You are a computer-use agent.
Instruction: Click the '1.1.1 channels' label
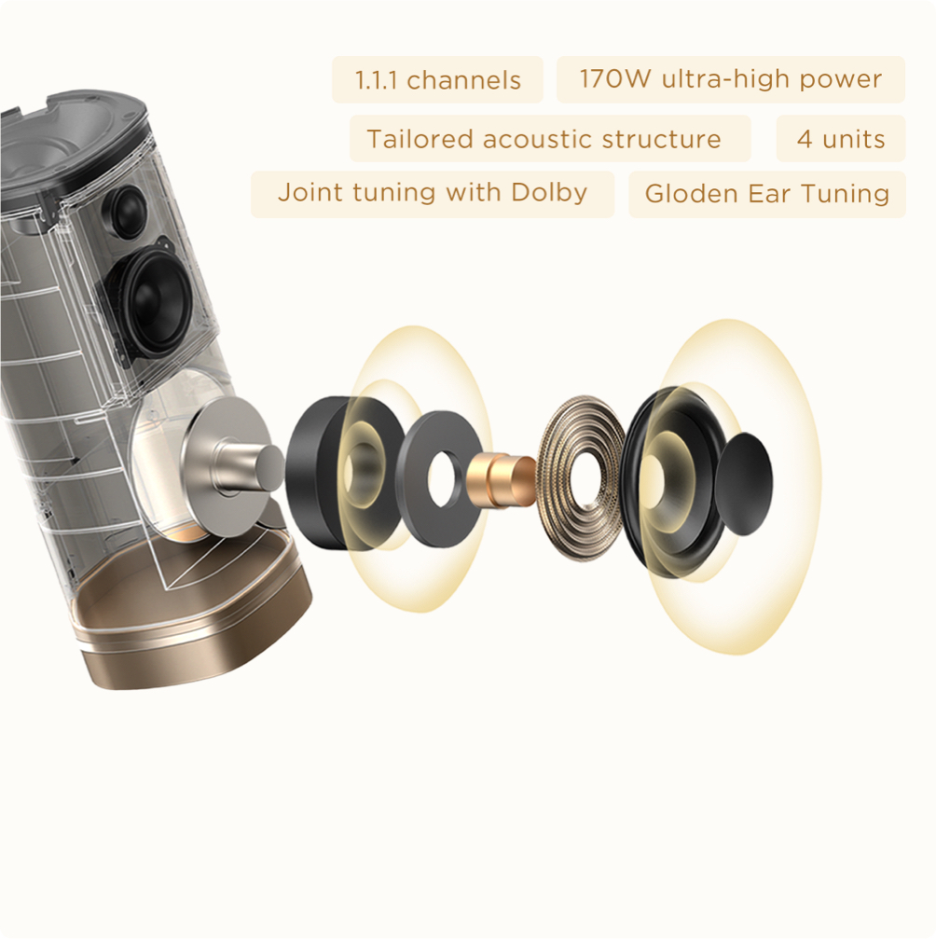[437, 80]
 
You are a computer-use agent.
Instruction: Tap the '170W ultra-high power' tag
[730, 79]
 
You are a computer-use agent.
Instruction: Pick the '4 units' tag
[840, 139]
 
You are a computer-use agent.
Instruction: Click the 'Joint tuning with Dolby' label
[433, 193]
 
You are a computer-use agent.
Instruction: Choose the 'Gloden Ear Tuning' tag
[766, 194]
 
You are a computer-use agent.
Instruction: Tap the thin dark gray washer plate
[442, 477]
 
